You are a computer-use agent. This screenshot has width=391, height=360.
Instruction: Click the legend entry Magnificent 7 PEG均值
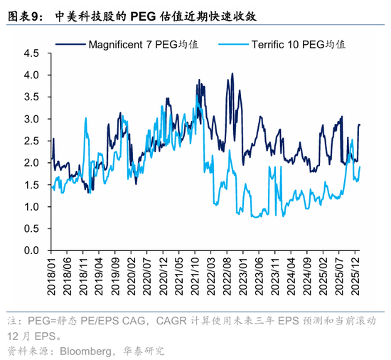143,45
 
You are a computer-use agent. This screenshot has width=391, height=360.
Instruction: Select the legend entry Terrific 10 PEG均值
298,45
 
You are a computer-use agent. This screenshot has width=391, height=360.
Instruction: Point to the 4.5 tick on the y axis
31,53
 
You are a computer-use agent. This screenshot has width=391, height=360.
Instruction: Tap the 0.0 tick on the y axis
31,250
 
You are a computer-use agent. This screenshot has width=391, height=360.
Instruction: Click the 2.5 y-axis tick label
31,141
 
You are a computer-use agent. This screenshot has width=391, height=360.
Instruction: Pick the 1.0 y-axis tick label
31,207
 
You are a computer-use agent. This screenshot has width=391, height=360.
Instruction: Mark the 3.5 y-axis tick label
31,97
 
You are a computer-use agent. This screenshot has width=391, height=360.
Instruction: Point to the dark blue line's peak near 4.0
232,73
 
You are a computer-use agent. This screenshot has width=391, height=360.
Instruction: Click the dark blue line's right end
360,125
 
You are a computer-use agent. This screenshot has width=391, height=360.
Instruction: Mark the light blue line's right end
360,167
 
